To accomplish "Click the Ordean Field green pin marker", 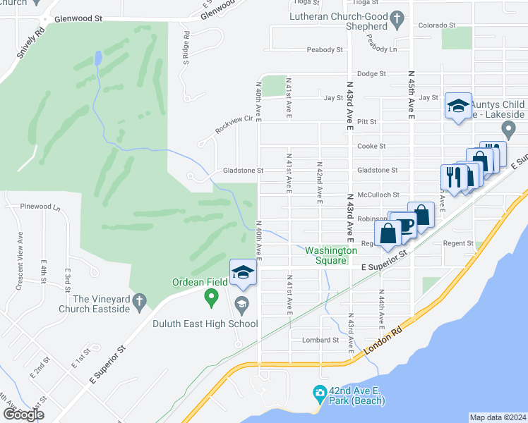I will tap(210, 299).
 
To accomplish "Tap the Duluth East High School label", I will tap(205, 324).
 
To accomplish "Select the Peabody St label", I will tap(325, 50).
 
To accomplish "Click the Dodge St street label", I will tap(371, 73).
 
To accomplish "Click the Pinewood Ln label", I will tap(41, 208).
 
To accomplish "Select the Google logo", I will tap(24, 415).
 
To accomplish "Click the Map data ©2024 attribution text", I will tap(497, 417).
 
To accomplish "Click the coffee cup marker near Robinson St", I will tap(405, 226).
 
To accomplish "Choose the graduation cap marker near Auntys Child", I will tap(458, 107).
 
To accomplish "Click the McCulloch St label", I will tap(378, 195).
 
